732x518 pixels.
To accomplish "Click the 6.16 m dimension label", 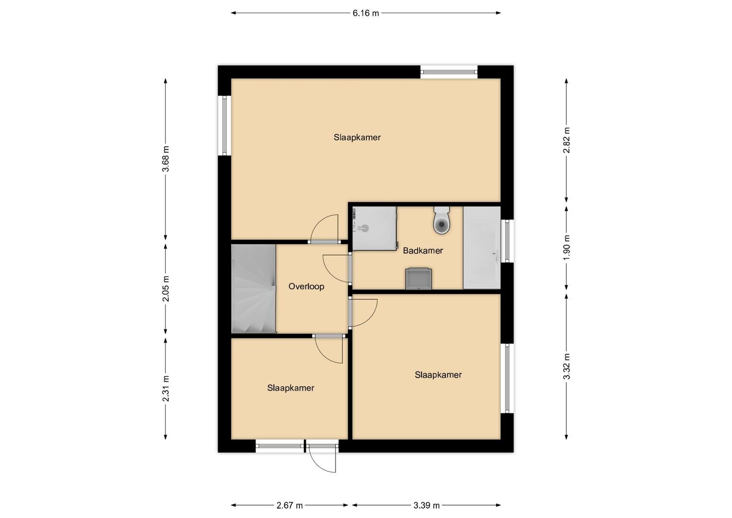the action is (x=366, y=13).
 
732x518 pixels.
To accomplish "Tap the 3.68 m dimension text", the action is (x=166, y=159).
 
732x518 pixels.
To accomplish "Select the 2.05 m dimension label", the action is (x=166, y=289).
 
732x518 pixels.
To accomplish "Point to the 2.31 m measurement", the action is (x=166, y=388).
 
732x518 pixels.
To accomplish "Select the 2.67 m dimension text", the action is (x=290, y=506).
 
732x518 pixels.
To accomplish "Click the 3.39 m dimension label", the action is (x=427, y=506).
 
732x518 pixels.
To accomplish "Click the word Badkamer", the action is (x=423, y=251).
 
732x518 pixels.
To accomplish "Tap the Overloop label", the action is (x=306, y=287).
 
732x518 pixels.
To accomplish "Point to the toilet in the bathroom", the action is (x=442, y=220).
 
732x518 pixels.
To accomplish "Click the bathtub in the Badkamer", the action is (x=482, y=247).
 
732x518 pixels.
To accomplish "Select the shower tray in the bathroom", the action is (x=375, y=228).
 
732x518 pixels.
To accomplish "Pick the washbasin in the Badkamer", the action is (x=418, y=279).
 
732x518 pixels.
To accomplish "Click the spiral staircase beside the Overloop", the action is (x=254, y=288).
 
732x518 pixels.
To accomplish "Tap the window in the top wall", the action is (x=449, y=72).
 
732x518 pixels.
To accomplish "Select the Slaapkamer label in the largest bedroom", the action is (x=357, y=138).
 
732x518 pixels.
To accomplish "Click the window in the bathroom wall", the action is (x=507, y=241).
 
